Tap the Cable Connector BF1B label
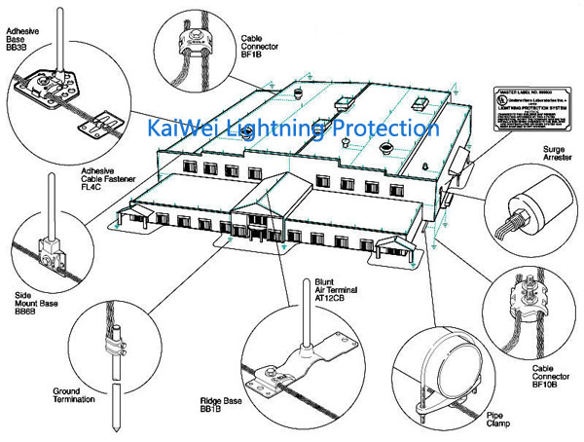tap(259, 45)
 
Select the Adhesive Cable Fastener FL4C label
tap(99, 178)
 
